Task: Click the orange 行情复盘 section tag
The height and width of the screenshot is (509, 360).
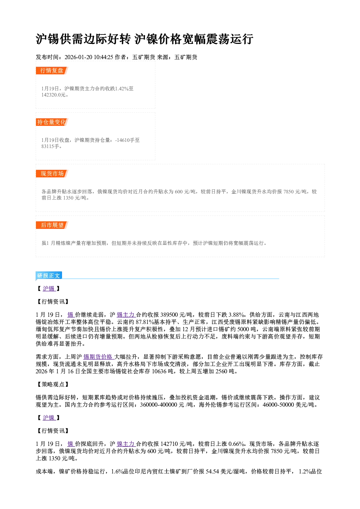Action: [x=52, y=71]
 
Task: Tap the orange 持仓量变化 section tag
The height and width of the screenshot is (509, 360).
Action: [x=52, y=122]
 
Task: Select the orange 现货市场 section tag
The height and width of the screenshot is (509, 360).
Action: [x=52, y=174]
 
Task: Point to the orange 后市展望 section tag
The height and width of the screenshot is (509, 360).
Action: [x=52, y=225]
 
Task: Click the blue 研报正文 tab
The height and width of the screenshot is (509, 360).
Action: [x=49, y=276]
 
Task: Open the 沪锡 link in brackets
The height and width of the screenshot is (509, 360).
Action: [x=49, y=288]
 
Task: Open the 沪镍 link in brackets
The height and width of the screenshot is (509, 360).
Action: [x=49, y=418]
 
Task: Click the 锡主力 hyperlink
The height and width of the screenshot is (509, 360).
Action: [x=126, y=315]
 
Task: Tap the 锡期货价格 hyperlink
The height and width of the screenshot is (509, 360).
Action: [x=98, y=357]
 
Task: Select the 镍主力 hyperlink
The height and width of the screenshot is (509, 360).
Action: [x=126, y=444]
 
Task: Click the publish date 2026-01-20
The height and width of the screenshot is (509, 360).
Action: [x=78, y=57]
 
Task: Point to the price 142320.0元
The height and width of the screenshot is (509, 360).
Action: [x=53, y=95]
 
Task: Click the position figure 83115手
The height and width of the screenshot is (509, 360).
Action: [x=50, y=147]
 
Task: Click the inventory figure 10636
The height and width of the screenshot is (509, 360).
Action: [x=159, y=371]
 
